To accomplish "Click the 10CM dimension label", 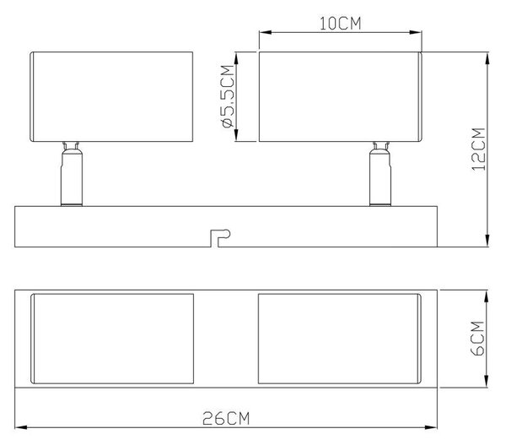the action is pos(340,24).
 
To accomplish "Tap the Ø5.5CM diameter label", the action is pos(228,96).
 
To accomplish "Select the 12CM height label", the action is pos(478,149).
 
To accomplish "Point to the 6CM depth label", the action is pos(478,338).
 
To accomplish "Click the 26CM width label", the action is pos(226,418).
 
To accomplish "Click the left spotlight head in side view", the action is pos(111,96).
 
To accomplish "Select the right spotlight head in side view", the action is pos(341,96).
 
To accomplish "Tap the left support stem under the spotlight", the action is pos(72,174).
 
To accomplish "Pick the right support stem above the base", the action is pos(380,174).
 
